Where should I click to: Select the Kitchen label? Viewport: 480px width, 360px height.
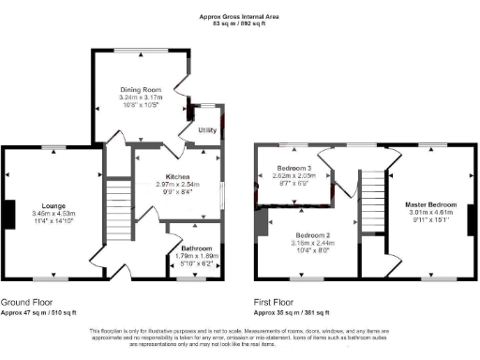pos(178,176)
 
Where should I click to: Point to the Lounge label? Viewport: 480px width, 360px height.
pos(52,205)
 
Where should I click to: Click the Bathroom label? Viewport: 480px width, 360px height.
pos(197,247)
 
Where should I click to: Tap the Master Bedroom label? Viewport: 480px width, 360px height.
pos(431,204)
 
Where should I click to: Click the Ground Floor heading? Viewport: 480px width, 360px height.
pos(25,302)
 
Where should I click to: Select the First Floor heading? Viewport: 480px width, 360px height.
pos(277,302)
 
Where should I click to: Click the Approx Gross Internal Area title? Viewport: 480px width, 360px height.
pos(240,17)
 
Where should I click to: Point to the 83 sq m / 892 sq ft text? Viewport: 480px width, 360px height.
pos(240,24)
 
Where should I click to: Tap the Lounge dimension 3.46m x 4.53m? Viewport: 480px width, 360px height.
pos(52,214)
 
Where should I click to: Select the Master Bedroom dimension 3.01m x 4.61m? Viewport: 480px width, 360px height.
pos(431,213)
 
